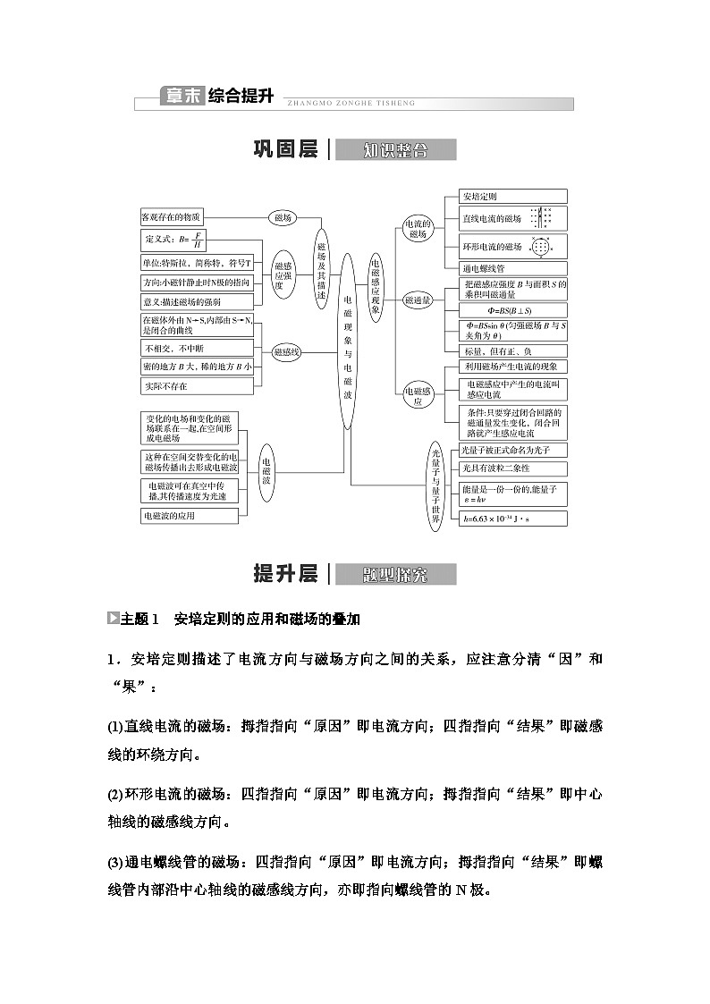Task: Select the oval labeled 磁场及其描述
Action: [x=322, y=264]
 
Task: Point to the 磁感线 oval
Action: [x=286, y=351]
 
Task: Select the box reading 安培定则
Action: [x=513, y=196]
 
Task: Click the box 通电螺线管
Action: [x=513, y=267]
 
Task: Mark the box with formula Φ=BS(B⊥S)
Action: [x=513, y=309]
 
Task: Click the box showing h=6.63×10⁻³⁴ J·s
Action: [x=513, y=518]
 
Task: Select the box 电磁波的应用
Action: [x=190, y=516]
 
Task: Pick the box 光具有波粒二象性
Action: [x=513, y=468]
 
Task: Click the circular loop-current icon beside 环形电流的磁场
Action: [x=539, y=247]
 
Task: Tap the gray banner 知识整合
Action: [x=395, y=150]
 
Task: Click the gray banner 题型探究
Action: [x=395, y=574]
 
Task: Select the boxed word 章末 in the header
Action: [x=182, y=97]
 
